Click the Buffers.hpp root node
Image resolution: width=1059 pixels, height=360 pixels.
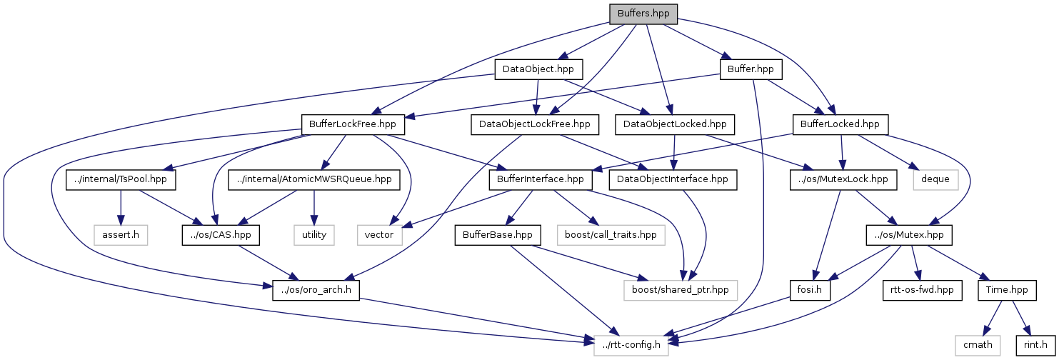[643, 13]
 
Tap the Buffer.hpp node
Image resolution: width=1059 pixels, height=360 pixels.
[751, 69]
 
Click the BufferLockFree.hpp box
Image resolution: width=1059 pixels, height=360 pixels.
[353, 124]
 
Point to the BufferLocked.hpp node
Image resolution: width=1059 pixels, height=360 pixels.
[840, 124]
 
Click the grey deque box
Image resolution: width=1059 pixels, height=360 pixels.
[935, 179]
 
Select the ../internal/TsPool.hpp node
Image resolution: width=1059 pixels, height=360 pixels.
[121, 179]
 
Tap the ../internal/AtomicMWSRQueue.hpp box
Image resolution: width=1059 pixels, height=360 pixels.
[314, 179]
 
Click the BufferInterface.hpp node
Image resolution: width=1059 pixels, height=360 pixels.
[541, 179]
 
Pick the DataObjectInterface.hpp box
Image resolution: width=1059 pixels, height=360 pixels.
[672, 179]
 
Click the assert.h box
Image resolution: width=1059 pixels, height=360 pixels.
[120, 234]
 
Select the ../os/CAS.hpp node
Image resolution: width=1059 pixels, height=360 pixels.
[220, 234]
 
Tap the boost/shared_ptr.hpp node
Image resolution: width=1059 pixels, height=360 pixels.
[680, 290]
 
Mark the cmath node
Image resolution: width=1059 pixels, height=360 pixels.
[978, 345]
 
